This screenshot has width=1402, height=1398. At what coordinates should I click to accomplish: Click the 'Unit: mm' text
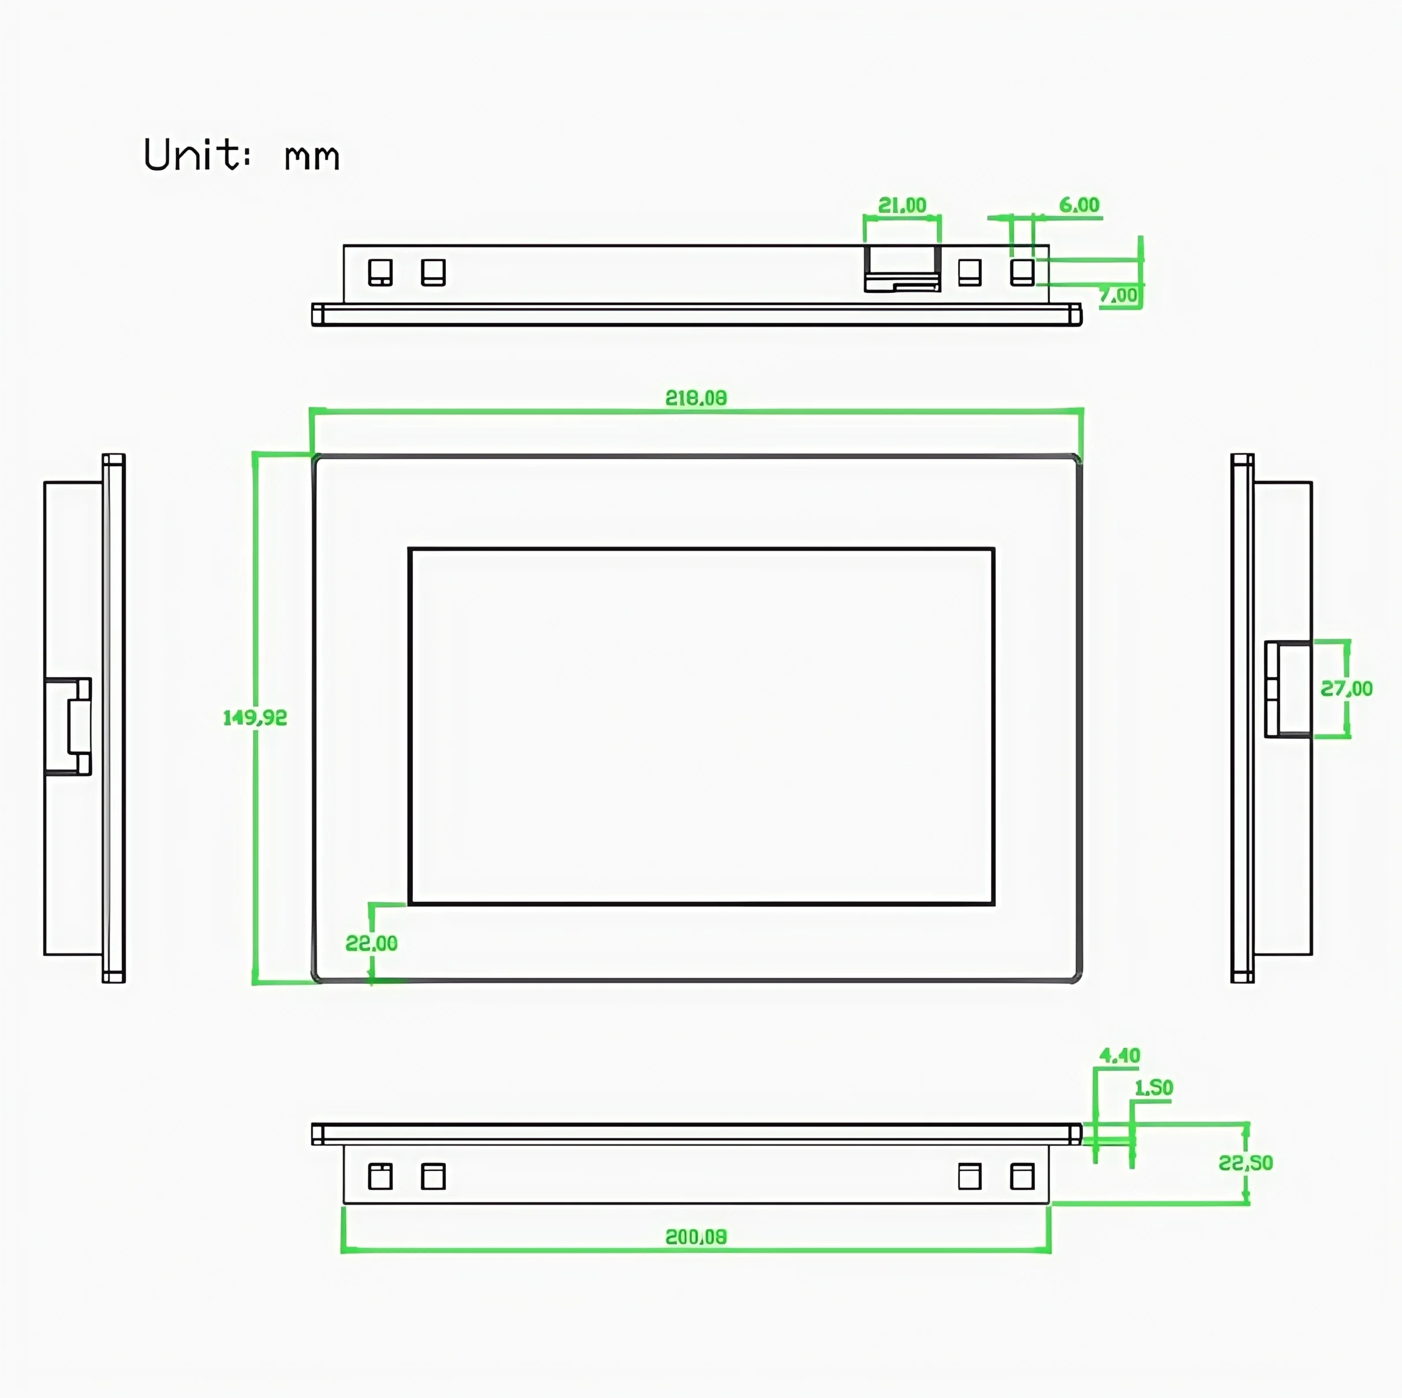click(x=241, y=155)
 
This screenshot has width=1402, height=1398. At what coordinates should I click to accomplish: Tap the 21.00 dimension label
click(x=902, y=206)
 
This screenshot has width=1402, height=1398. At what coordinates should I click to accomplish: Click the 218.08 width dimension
click(x=695, y=398)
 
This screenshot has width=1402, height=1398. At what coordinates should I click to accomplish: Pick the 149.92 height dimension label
click(x=255, y=718)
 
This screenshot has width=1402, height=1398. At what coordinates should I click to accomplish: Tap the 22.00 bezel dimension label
click(x=371, y=943)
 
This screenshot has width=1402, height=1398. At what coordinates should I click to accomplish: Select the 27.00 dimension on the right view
click(x=1346, y=688)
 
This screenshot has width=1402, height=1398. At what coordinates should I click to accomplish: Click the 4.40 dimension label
click(x=1119, y=1055)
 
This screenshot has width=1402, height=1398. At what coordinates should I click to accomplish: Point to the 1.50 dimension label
click(x=1153, y=1087)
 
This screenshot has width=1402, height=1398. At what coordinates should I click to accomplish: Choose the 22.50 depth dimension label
click(x=1246, y=1163)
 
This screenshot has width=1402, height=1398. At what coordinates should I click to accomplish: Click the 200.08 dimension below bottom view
click(x=695, y=1237)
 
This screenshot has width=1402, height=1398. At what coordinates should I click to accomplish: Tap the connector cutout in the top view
click(x=902, y=269)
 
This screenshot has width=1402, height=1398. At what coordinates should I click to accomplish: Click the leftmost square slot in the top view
click(x=381, y=272)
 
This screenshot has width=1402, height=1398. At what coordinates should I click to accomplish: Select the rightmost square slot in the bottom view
click(x=1021, y=1177)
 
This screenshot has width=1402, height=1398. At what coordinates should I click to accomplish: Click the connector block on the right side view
click(x=1288, y=689)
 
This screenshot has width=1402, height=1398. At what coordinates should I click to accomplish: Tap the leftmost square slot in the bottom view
click(x=381, y=1177)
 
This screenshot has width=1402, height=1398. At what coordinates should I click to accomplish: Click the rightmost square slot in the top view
click(x=1021, y=272)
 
